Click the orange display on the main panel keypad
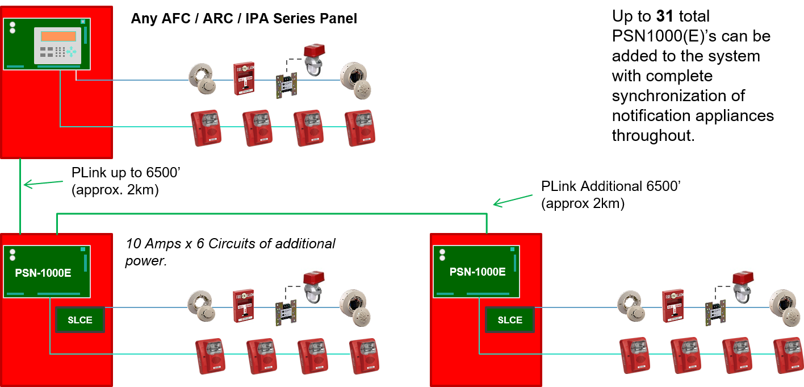point(58,36)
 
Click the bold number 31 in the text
point(665,16)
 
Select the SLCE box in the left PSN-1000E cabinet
point(80,320)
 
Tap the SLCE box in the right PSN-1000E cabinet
point(510,320)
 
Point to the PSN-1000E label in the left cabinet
point(43,273)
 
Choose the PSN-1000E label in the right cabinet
point(478,272)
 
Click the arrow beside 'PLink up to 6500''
point(43,184)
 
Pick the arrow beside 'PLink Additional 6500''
point(513,201)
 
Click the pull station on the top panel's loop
point(244,78)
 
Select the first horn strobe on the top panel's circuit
point(206,128)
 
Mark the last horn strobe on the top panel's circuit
point(359,128)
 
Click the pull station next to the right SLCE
point(673,305)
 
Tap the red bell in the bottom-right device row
point(743,288)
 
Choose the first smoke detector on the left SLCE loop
point(202,306)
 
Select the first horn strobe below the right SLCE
point(635,355)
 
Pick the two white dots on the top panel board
point(12,28)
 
